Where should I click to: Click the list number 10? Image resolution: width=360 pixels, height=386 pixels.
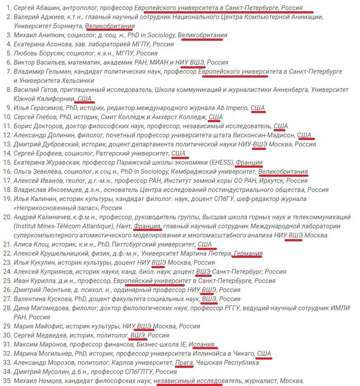point(6,117)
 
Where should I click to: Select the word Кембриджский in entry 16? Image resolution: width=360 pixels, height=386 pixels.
point(186,172)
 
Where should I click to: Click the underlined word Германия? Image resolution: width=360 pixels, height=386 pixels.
point(248,254)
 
